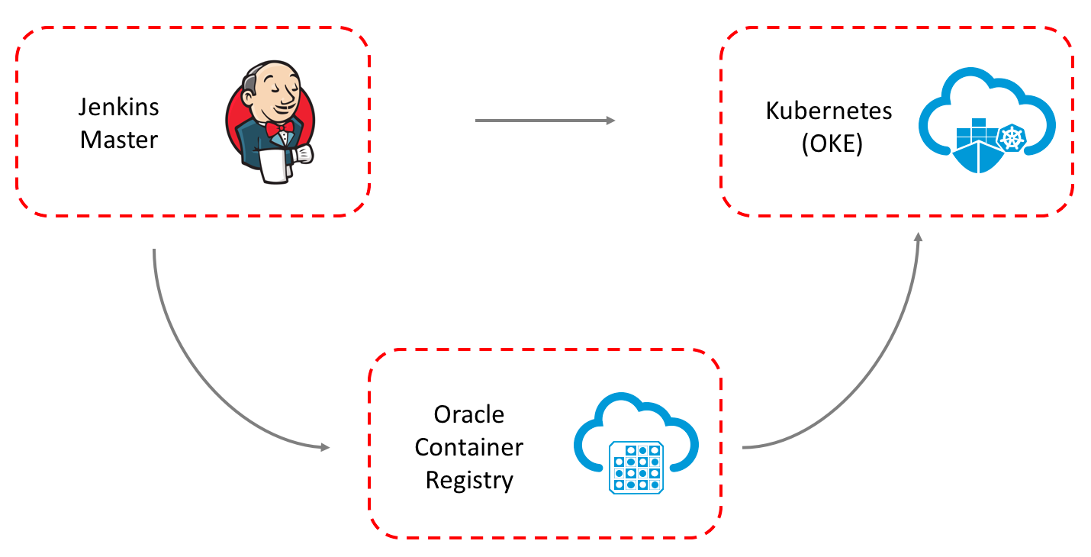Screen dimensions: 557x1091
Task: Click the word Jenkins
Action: (119, 107)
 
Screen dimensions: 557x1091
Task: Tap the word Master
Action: (119, 140)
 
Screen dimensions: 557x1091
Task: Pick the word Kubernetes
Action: (829, 111)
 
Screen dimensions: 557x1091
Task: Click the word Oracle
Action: (469, 414)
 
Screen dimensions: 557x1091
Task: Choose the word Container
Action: (469, 447)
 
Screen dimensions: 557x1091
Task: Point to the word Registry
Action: (469, 481)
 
